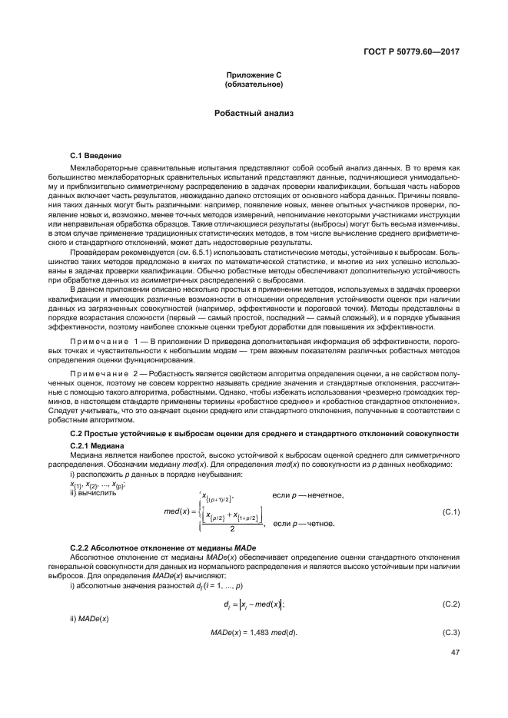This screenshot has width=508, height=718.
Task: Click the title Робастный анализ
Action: pos(254,113)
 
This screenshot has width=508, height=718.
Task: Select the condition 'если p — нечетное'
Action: pos(307,495)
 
